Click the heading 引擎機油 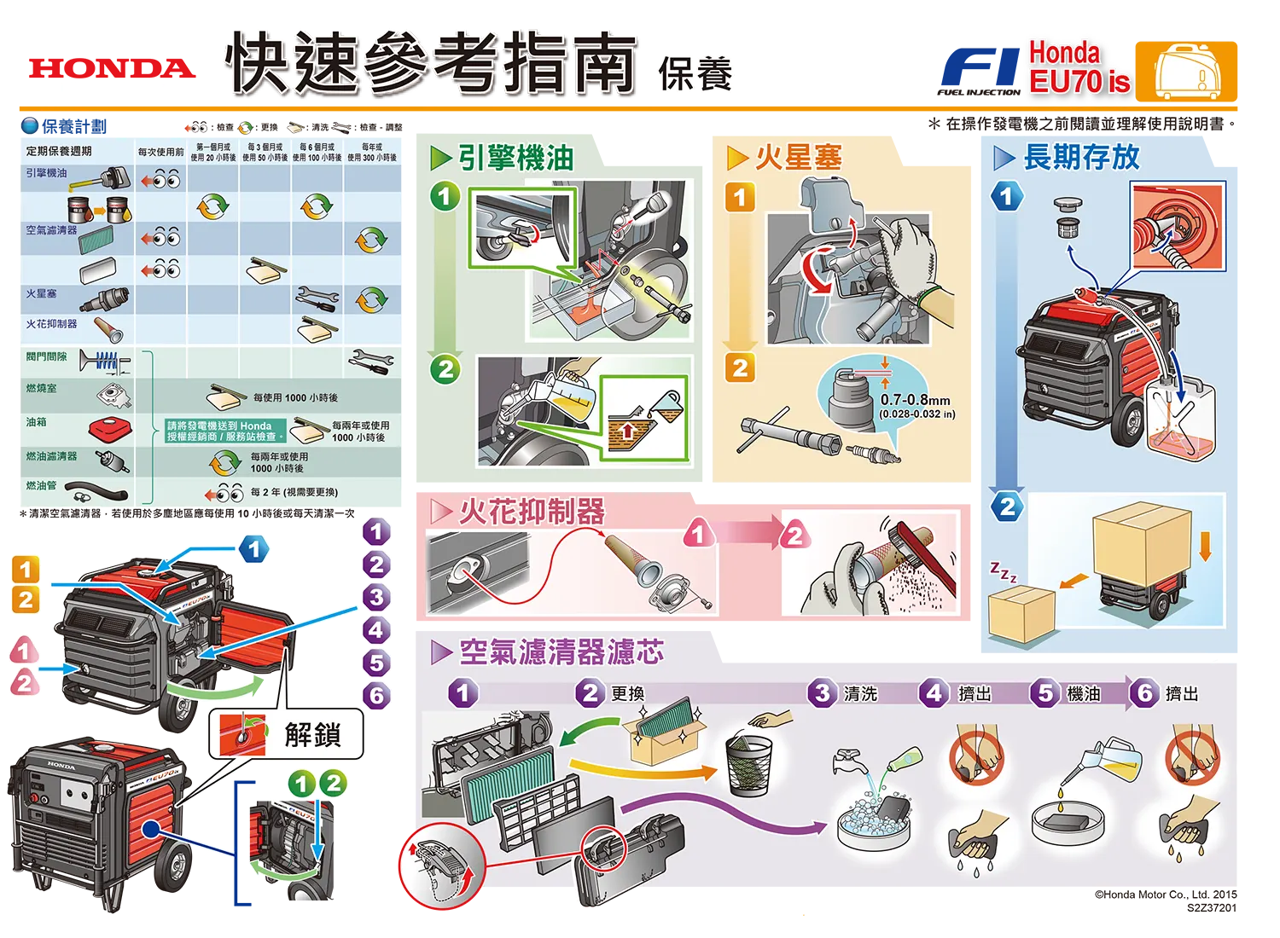pyautogui.click(x=515, y=158)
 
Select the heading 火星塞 pyautogui.click(x=798, y=158)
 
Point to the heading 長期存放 pyautogui.click(x=1080, y=157)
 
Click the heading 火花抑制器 pyautogui.click(x=531, y=512)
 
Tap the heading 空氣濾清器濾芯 pyautogui.click(x=561, y=652)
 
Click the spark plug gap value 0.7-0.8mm pyautogui.click(x=915, y=400)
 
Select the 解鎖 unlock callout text pyautogui.click(x=312, y=734)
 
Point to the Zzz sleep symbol pyautogui.click(x=1004, y=572)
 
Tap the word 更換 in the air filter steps pyautogui.click(x=628, y=693)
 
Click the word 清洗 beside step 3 pyautogui.click(x=860, y=693)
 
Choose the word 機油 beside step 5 pyautogui.click(x=1084, y=693)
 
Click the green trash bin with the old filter pyautogui.click(x=748, y=763)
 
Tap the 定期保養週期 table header pyautogui.click(x=59, y=151)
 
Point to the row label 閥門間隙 pyautogui.click(x=46, y=356)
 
